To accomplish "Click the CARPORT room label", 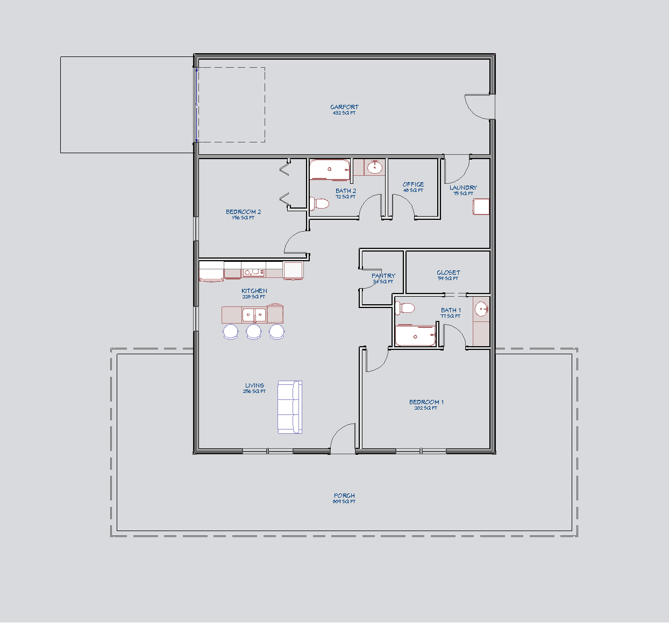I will [344, 108].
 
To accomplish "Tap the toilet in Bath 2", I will [319, 204].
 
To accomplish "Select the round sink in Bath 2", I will [375, 168].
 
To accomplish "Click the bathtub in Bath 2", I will [330, 169].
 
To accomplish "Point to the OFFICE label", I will [413, 184].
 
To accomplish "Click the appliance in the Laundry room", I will [481, 207].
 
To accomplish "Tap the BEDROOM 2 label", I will [243, 212].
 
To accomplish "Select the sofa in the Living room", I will [290, 407].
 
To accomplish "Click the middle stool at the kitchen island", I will [254, 332].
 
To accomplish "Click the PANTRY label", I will [383, 276].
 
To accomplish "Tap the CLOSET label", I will [448, 273].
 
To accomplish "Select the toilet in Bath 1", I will [405, 309].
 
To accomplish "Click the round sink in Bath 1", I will [481, 309].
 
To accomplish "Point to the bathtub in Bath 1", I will [415, 336].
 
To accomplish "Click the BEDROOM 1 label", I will [426, 402].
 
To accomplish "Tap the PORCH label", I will [344, 496].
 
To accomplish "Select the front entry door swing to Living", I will [343, 439].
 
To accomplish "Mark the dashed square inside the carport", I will [231, 105].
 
